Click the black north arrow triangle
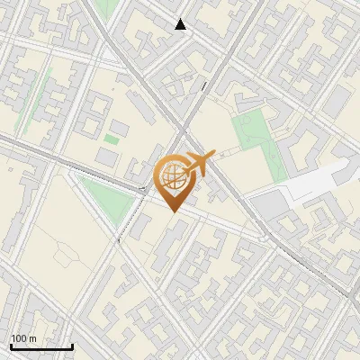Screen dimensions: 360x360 tap(181, 25)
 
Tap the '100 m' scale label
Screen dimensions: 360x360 tap(23, 338)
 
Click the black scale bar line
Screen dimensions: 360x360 tap(40, 346)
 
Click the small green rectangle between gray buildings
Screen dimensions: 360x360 tap(112, 139)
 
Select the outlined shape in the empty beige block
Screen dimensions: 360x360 tap(67, 256)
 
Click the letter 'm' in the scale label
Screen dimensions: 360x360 tap(32, 338)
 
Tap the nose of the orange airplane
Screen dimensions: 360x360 tap(214, 157)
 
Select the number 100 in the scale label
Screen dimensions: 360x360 tap(19, 338)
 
